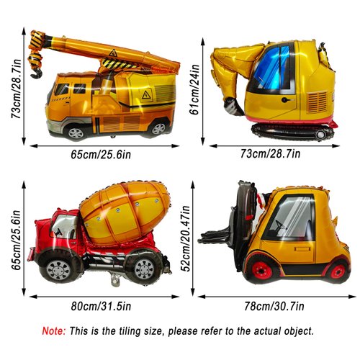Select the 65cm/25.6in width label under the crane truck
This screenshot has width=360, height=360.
tap(102, 153)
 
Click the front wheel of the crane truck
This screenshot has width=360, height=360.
tap(75, 132)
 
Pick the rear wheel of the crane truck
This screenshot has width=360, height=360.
tap(158, 129)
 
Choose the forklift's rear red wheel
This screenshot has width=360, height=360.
tap(337, 271)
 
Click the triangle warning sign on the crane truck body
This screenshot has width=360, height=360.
tap(146, 94)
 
